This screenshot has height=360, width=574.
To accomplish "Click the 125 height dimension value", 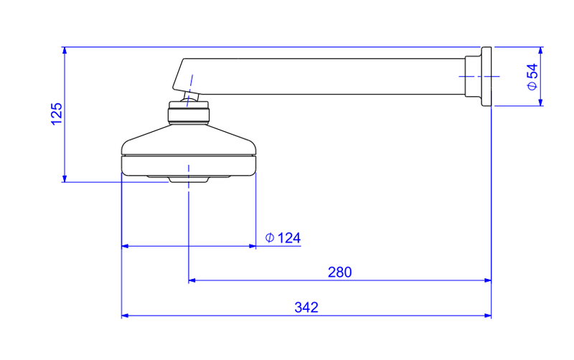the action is (x=57, y=114).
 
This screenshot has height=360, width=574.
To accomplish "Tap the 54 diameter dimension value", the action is (x=532, y=70).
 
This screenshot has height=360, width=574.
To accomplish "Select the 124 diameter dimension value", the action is (x=289, y=238).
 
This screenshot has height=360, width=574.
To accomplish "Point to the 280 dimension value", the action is (x=339, y=273).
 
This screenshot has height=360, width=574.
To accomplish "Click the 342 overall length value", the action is (x=306, y=308).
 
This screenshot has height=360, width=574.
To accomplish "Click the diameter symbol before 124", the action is (x=270, y=238).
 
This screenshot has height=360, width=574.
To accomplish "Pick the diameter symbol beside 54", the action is (x=532, y=85).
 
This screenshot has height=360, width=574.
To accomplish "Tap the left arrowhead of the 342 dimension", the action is (x=125, y=316).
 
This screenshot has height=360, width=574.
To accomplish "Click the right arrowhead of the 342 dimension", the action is (x=488, y=316).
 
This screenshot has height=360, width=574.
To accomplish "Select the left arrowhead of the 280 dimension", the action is (x=192, y=280).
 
